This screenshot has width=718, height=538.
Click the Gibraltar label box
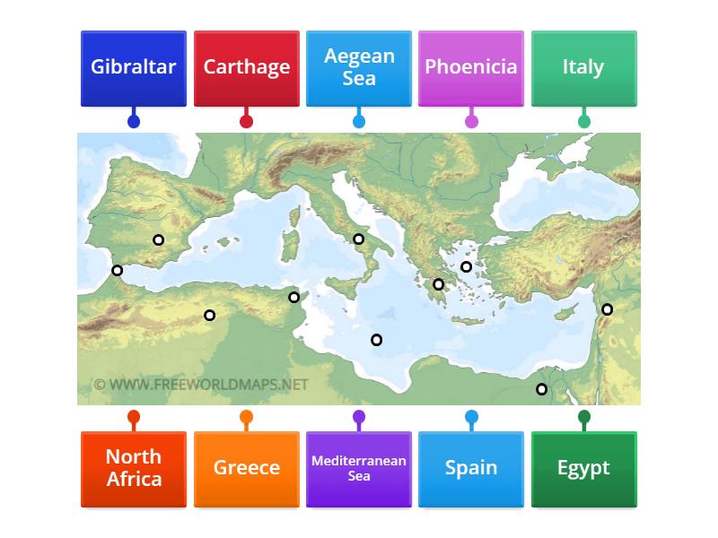click(x=134, y=68)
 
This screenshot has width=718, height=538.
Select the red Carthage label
click(x=246, y=68)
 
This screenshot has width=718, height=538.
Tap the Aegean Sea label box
click(x=359, y=68)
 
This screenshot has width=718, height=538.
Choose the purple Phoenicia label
click(x=471, y=68)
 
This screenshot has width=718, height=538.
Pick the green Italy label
click(x=583, y=68)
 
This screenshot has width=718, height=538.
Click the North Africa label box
click(x=134, y=468)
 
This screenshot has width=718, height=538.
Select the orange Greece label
click(x=246, y=468)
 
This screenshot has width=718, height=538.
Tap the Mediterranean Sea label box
click(x=359, y=468)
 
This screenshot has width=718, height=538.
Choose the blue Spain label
click(x=471, y=468)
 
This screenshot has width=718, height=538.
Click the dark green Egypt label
click(x=583, y=468)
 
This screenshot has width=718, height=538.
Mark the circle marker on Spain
click(x=159, y=239)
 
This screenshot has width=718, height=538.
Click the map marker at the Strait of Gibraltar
click(x=117, y=270)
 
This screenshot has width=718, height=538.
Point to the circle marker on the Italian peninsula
click(x=358, y=239)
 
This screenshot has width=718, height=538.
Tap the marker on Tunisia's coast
click(x=293, y=297)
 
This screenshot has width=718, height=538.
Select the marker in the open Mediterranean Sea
click(x=376, y=339)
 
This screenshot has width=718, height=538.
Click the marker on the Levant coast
click(x=607, y=309)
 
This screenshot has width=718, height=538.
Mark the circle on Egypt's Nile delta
click(x=541, y=389)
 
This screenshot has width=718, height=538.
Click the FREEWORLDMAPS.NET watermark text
click(x=201, y=385)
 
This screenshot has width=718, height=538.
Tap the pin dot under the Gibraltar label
click(x=134, y=121)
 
